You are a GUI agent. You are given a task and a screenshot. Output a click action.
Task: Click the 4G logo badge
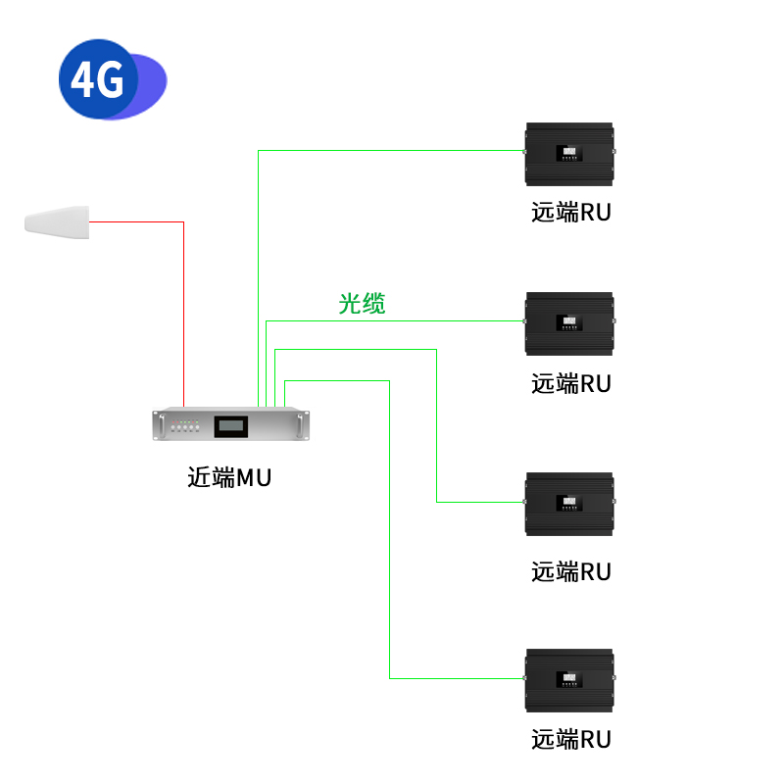tap(99, 79)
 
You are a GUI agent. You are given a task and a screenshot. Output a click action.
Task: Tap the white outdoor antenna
tap(57, 220)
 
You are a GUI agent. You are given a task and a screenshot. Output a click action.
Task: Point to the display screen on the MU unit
tap(232, 425)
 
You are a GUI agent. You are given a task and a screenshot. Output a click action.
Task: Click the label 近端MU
tap(228, 478)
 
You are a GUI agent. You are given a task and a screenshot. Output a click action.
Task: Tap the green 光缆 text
tap(362, 304)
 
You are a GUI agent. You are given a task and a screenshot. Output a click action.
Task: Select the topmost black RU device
tap(569, 154)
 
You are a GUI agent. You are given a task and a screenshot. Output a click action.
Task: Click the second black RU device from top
tap(569, 323)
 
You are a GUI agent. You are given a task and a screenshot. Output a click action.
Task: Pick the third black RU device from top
tap(569, 504)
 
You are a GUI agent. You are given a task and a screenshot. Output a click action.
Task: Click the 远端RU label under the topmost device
tap(570, 212)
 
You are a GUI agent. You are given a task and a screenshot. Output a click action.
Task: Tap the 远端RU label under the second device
tap(570, 383)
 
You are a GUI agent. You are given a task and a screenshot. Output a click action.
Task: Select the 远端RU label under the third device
tap(570, 571)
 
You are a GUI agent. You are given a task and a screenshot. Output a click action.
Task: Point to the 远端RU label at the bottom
tap(570, 739)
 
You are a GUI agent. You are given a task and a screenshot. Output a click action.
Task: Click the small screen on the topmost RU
tap(568, 153)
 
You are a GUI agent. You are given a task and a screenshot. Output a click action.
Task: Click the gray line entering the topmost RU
tap(392, 150)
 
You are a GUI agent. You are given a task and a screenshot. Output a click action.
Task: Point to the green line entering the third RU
tap(480, 502)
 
